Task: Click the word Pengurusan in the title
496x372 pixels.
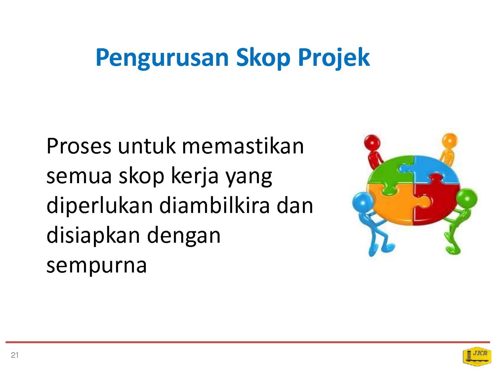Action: point(162,58)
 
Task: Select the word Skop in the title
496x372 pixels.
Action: point(263,58)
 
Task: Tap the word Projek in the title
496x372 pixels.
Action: point(334,58)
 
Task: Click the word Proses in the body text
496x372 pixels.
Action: point(79,146)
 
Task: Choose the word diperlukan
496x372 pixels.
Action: point(100,206)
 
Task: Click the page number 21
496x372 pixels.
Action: point(15,355)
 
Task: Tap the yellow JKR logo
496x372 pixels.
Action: point(477,356)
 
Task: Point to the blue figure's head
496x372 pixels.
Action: point(363,202)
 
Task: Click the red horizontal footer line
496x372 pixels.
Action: point(248,342)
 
